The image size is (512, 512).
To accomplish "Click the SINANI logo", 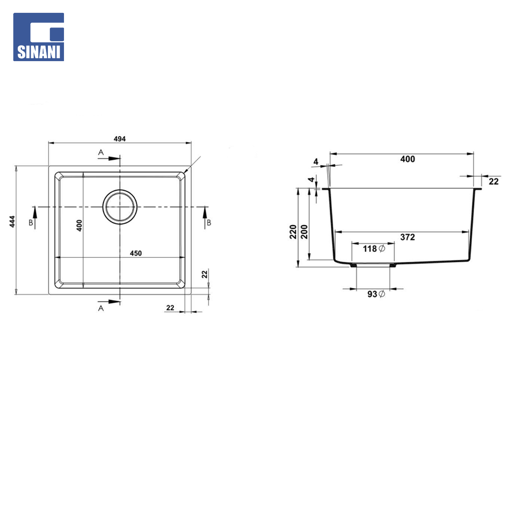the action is [38, 37].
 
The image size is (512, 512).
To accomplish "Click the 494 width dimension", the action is [119, 139].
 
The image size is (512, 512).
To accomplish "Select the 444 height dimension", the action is [12, 221].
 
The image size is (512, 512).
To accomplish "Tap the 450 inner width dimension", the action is [136, 253].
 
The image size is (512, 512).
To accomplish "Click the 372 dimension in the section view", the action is [408, 237].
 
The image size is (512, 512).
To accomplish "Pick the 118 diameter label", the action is [374, 249].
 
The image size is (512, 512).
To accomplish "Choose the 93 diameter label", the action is [376, 294].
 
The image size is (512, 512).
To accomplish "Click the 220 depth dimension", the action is [293, 232].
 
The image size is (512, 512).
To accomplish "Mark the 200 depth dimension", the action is [304, 232].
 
